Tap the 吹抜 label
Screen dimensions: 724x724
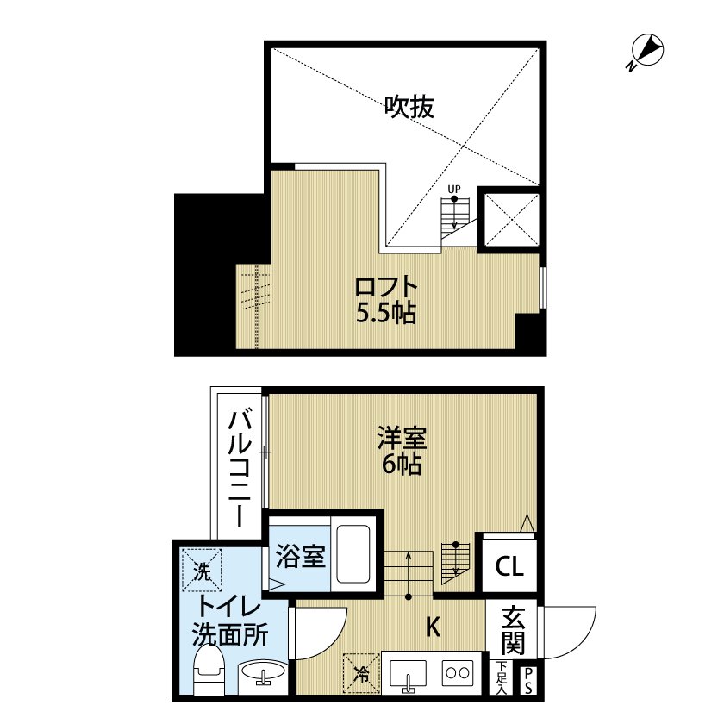[x=409, y=107]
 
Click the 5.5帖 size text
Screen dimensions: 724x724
[x=386, y=313]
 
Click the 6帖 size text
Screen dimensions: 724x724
[x=400, y=465]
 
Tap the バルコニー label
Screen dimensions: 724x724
[x=240, y=471]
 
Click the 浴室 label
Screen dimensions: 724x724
[x=301, y=557]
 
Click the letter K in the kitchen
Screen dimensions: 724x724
[x=433, y=627]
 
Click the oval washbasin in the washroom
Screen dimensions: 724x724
[x=265, y=674]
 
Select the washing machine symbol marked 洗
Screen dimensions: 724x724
[x=201, y=569]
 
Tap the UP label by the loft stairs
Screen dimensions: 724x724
[x=453, y=189]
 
